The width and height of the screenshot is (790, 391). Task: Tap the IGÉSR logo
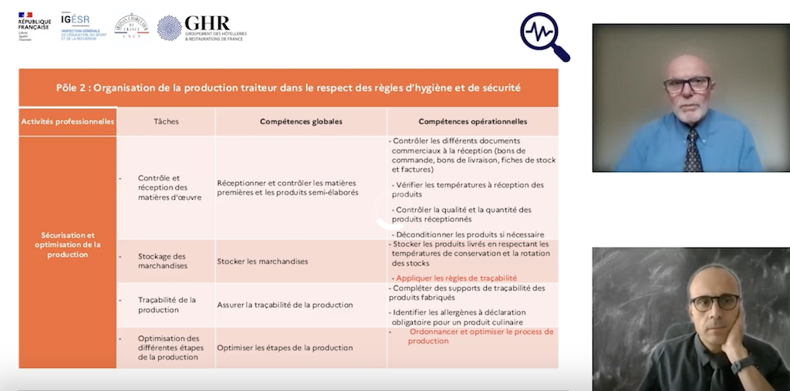[83, 26]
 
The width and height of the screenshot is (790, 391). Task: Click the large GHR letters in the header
[207, 23]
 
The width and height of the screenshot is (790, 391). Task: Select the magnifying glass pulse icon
[545, 36]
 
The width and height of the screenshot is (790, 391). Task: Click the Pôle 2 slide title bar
[289, 88]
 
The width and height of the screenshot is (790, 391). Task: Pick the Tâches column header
[166, 121]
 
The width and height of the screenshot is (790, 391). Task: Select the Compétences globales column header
[301, 121]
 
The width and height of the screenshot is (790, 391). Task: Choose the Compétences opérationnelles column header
[473, 121]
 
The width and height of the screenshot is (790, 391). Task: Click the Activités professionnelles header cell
[68, 121]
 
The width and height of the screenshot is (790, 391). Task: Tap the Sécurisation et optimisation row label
[68, 244]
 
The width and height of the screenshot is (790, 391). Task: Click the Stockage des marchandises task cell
[163, 261]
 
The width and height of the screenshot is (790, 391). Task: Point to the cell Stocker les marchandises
[263, 261]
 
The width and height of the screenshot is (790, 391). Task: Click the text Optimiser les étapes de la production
[285, 348]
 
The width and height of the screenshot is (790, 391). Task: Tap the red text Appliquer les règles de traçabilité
[456, 278]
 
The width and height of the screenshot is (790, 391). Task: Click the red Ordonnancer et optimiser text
[481, 336]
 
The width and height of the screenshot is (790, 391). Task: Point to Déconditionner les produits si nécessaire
[468, 234]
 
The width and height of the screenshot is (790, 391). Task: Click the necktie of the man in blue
[692, 150]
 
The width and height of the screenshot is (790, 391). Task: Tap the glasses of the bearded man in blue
[687, 85]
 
